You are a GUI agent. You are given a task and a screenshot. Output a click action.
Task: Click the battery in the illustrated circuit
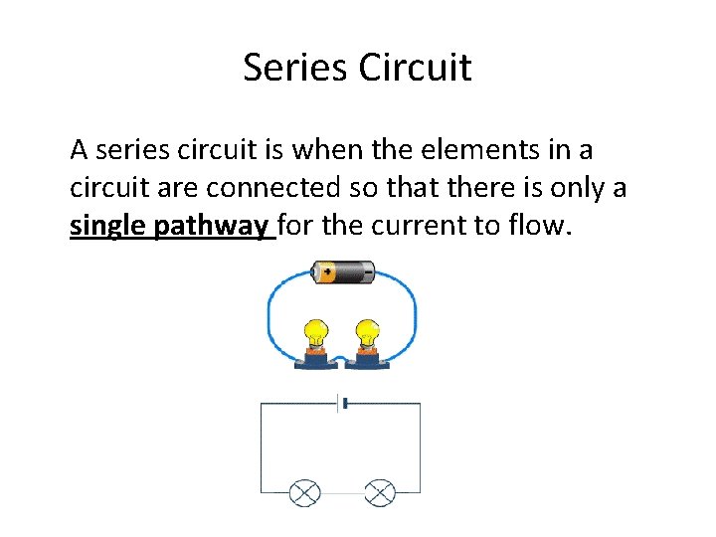click(342, 270)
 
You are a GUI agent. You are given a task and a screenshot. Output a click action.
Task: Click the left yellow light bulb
click(316, 333)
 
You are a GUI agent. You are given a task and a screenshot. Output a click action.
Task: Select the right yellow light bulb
click(368, 333)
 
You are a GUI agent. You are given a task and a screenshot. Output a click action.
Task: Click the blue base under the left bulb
click(315, 362)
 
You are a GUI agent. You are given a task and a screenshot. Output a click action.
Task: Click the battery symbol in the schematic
click(343, 403)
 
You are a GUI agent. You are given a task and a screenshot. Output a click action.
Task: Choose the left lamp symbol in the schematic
click(304, 491)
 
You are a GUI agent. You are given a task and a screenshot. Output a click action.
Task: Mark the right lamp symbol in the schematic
click(380, 491)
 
